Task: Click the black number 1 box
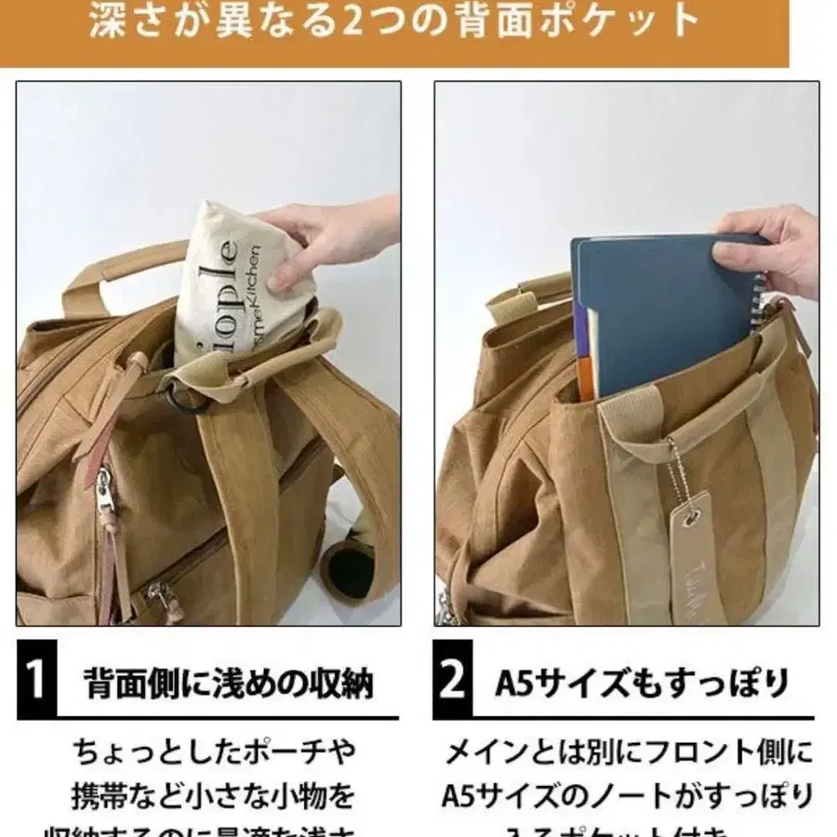34,682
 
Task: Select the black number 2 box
453,682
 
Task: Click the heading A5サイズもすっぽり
641,684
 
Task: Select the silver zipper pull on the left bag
105,493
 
